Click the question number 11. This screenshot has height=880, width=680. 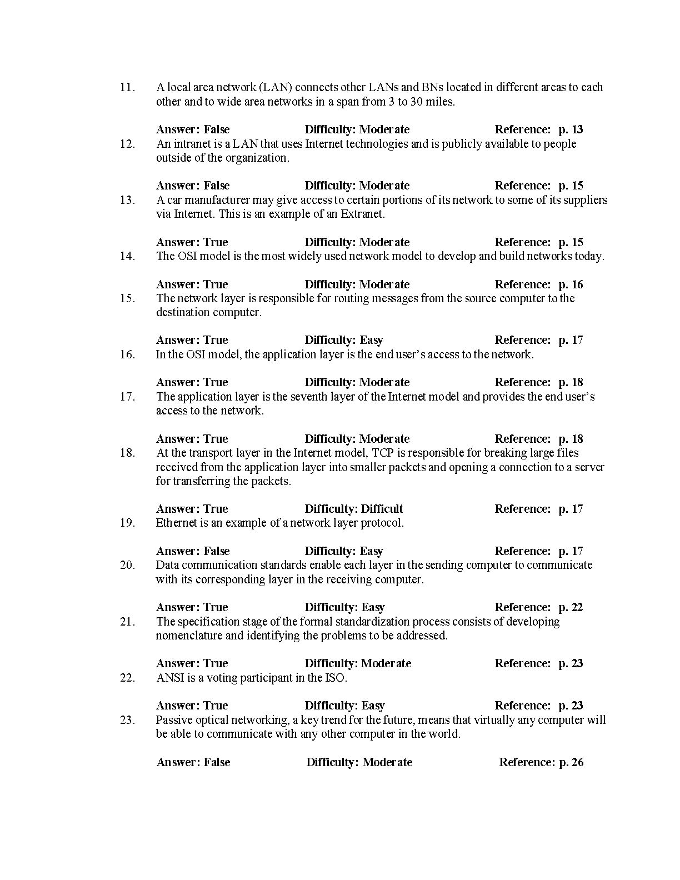(x=127, y=87)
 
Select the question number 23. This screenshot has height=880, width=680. (x=127, y=720)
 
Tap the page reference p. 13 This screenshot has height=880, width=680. (x=571, y=129)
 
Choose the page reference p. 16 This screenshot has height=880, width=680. (x=571, y=284)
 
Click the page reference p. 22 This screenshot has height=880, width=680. (x=571, y=607)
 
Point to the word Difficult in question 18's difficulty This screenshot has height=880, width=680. (x=382, y=509)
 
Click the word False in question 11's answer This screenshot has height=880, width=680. (x=217, y=129)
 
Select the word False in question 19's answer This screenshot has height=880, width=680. (x=217, y=551)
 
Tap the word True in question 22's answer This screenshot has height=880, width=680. (x=216, y=706)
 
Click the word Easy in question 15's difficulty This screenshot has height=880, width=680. (x=372, y=340)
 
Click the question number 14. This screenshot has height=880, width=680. (x=127, y=256)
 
